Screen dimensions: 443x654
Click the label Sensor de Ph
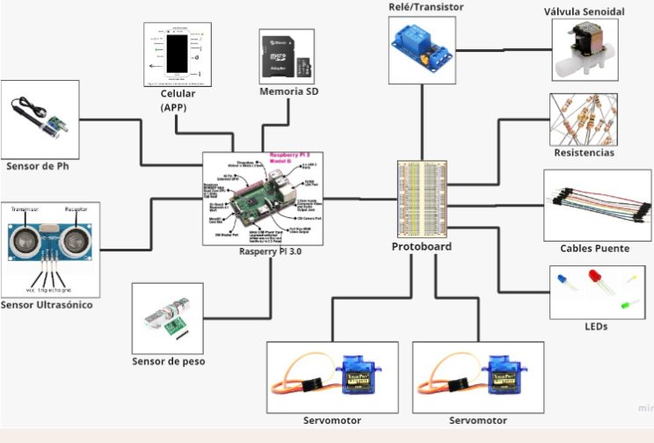(x=37, y=165)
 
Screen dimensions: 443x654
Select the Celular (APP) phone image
(x=178, y=54)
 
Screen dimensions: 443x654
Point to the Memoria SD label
(x=288, y=91)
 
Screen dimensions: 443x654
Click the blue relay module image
(x=423, y=49)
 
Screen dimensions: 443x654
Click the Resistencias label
(x=584, y=153)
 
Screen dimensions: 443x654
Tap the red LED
(x=590, y=285)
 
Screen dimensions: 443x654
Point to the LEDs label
(x=595, y=326)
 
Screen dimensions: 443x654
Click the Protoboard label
(x=421, y=247)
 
